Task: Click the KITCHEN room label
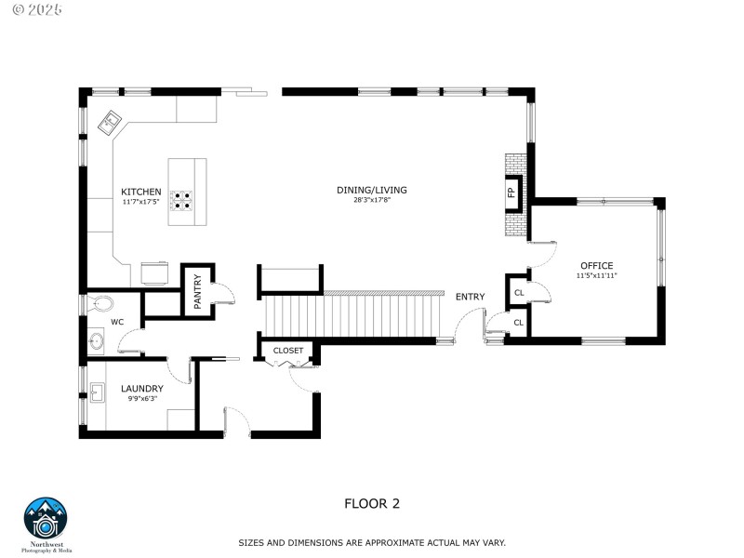pos(140,191)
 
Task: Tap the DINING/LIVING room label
pos(371,190)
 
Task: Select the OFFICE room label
pos(596,265)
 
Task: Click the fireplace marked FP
pos(511,193)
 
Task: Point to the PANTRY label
pos(197,291)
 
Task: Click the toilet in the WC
pos(102,303)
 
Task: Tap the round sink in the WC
pos(97,341)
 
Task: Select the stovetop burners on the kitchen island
pos(180,202)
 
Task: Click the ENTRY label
pos(470,297)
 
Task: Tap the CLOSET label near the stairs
pos(288,351)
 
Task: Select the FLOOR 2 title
pos(372,503)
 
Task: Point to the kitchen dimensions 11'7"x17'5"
pos(140,201)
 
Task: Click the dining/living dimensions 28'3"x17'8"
pos(371,200)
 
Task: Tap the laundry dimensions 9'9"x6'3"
pos(141,398)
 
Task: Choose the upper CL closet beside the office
pos(519,292)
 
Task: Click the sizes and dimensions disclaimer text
pos(371,541)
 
